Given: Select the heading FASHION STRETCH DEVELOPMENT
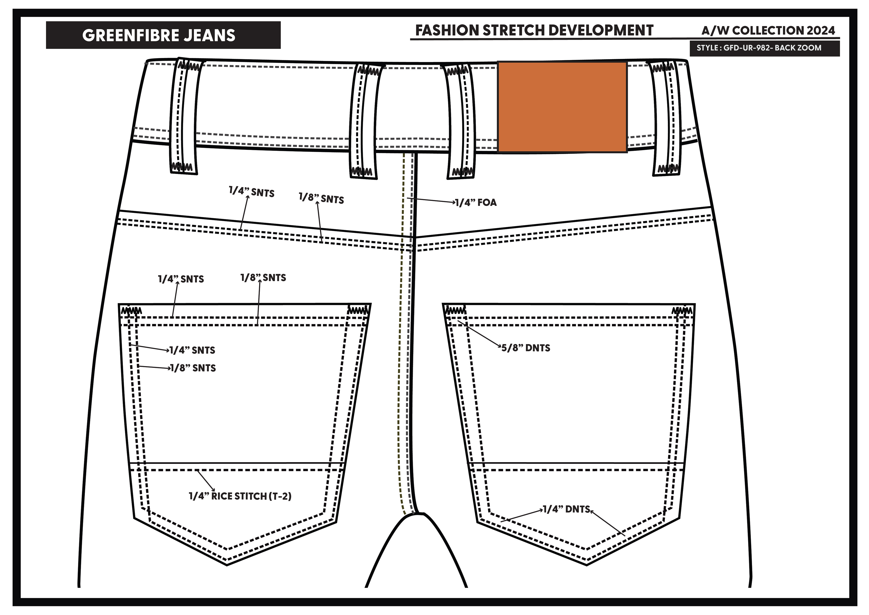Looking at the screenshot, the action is point(534,30).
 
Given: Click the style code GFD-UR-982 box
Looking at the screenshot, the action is point(764,48).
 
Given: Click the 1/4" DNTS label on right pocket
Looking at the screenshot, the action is point(567,509).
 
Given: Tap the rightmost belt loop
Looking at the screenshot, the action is point(665,118).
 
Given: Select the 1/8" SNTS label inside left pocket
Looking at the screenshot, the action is point(193,368).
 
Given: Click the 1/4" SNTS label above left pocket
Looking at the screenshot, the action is point(181,279).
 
